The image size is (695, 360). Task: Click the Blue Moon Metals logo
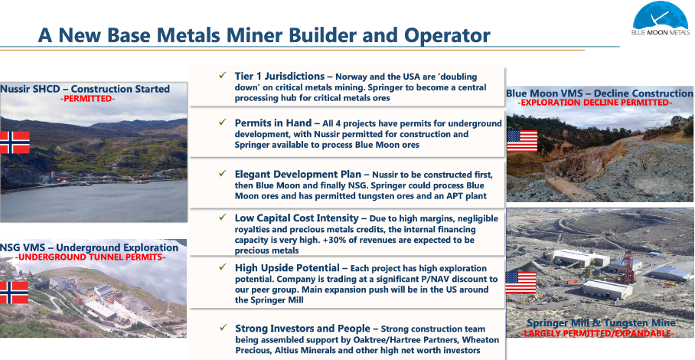tap(661, 18)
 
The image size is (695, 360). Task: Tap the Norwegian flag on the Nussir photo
tap(15, 142)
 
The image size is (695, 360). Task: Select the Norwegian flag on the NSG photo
tap(15, 293)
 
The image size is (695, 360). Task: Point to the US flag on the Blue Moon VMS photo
tap(522, 141)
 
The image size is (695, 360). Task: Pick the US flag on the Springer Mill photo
tap(520, 283)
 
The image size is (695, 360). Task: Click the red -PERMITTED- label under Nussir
tap(87, 99)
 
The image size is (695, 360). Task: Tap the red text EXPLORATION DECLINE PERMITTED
tap(595, 103)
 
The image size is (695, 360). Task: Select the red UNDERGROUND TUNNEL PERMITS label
tap(90, 257)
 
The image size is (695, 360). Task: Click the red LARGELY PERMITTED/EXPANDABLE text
tap(598, 333)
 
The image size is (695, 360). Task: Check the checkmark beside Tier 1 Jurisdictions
tap(223, 75)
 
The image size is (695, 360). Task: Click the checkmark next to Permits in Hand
tap(223, 122)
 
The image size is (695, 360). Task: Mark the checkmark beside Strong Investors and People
tap(223, 328)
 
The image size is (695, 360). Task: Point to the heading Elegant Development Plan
tap(298, 174)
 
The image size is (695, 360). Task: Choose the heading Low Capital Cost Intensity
tap(296, 218)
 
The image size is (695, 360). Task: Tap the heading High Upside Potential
tap(287, 268)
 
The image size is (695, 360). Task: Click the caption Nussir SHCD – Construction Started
tap(85, 89)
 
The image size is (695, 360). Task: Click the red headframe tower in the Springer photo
tap(629, 267)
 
